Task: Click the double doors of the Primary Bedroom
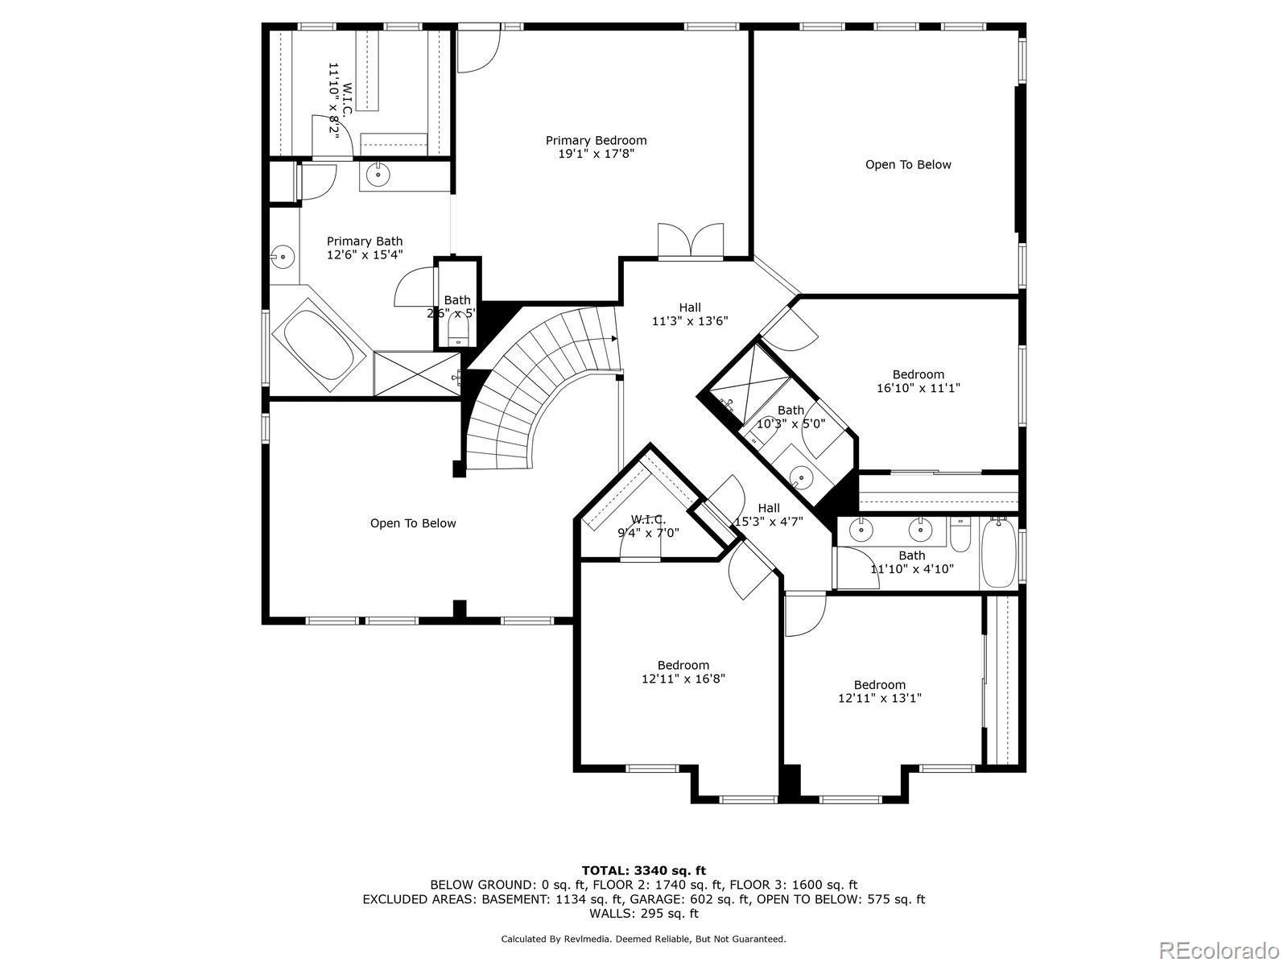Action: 691,241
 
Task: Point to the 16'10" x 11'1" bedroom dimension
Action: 919,388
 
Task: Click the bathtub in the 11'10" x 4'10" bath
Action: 999,552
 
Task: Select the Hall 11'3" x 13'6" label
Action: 690,315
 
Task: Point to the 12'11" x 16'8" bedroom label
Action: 683,672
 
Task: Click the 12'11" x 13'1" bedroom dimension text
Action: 880,698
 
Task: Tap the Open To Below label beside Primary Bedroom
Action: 908,165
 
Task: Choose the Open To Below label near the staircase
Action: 413,523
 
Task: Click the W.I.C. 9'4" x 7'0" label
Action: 648,526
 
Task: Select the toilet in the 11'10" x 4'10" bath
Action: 960,535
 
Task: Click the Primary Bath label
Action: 365,248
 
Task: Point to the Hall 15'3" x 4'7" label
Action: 769,514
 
